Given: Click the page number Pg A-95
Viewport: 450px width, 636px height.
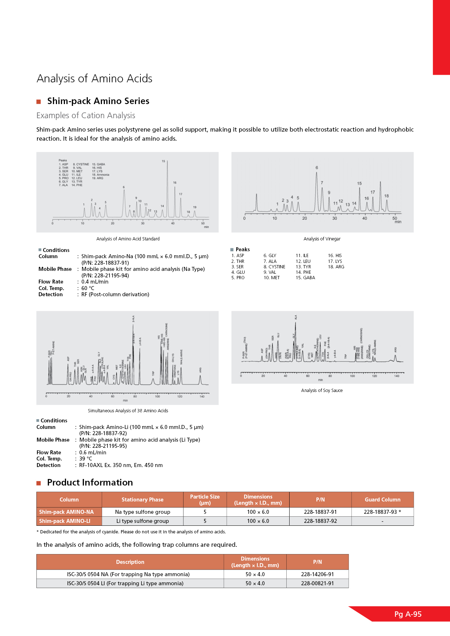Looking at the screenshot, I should (408, 614).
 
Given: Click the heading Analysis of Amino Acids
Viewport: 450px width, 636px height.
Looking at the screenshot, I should (94, 78).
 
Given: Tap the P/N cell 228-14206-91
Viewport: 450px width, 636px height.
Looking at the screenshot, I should (317, 574).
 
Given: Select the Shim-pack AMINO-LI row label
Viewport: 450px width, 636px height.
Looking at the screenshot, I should (65, 521).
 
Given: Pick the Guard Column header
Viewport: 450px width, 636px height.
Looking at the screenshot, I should (382, 500).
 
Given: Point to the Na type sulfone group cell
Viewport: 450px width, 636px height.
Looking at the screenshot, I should (142, 512).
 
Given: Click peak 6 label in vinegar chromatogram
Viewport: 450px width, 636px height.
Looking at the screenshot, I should (317, 168).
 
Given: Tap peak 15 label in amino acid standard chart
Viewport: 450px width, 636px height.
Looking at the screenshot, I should (163, 161).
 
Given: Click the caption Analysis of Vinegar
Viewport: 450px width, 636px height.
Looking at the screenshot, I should (322, 239).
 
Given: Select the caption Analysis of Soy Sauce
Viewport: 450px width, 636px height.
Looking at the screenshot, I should (322, 391).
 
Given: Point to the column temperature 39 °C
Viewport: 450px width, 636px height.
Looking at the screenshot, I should (86, 459).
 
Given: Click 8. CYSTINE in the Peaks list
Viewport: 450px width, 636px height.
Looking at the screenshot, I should (274, 267).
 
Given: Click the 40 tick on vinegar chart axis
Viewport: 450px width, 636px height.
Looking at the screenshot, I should (364, 218).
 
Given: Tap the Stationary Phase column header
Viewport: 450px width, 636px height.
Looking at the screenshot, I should (142, 500).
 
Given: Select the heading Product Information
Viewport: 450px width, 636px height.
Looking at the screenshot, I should (90, 483).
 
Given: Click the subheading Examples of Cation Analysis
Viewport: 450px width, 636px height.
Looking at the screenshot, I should (86, 115).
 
